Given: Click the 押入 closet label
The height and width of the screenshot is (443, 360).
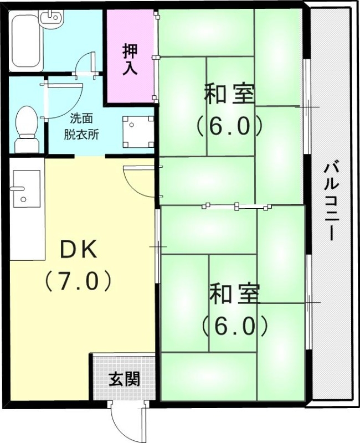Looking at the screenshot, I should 131,57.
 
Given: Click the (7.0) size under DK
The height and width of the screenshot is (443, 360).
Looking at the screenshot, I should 79,281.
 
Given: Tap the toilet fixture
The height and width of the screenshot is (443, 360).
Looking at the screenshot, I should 26,128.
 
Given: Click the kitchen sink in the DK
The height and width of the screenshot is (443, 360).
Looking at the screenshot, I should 25,188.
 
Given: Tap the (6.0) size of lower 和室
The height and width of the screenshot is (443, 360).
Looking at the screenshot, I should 234,327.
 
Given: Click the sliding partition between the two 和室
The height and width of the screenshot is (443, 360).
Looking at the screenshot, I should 236,207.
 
